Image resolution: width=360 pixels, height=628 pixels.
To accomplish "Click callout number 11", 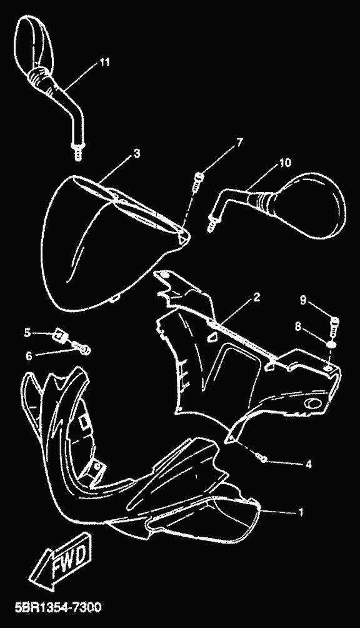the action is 104,62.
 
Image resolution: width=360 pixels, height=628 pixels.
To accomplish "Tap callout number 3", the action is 137,153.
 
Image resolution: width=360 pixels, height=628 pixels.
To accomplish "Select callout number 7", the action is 239,142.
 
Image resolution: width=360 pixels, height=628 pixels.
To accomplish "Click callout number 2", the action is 256,296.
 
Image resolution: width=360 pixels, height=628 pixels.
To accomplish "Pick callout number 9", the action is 302,300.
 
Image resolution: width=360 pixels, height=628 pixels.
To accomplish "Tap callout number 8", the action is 297,327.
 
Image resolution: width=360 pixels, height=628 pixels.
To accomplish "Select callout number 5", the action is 27,332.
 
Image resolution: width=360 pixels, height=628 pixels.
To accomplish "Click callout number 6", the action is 28,355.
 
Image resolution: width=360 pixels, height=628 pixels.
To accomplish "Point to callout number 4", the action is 308,464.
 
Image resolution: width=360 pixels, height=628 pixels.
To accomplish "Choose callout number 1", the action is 301,512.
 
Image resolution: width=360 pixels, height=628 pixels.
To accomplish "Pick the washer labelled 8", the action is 331,344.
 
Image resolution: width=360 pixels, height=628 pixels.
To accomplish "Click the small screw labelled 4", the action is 262,457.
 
